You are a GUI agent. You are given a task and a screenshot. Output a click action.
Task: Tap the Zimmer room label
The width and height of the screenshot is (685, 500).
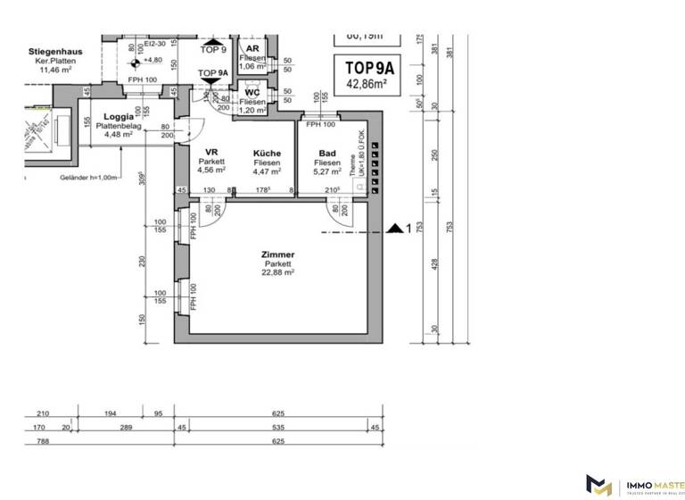pyautogui.click(x=277, y=254)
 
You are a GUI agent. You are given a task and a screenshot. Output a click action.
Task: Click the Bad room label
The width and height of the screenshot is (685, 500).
pyautogui.click(x=327, y=154)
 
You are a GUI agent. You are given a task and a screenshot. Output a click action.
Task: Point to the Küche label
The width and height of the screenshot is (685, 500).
pyautogui.click(x=266, y=154)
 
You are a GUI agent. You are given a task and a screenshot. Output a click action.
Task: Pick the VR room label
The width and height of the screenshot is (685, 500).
pyautogui.click(x=211, y=153)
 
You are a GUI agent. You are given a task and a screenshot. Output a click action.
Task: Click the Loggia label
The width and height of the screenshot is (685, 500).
pyautogui.click(x=119, y=117)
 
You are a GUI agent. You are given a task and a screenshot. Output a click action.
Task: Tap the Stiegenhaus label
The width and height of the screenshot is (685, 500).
pyautogui.click(x=55, y=52)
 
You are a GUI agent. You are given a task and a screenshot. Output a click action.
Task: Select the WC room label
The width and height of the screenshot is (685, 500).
pyautogui.click(x=252, y=92)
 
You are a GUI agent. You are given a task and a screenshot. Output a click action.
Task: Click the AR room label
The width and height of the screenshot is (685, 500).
pyautogui.click(x=252, y=48)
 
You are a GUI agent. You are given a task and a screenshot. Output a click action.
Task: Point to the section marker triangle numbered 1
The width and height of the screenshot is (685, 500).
pyautogui.click(x=395, y=229)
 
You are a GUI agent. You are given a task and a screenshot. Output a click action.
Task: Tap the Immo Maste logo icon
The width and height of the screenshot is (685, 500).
pyautogui.click(x=598, y=484)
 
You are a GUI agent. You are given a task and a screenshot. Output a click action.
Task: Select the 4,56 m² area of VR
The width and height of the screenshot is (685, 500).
pyautogui.click(x=211, y=171)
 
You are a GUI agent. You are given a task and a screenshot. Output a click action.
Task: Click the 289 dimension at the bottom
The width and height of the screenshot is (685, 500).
pyautogui.click(x=125, y=428)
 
